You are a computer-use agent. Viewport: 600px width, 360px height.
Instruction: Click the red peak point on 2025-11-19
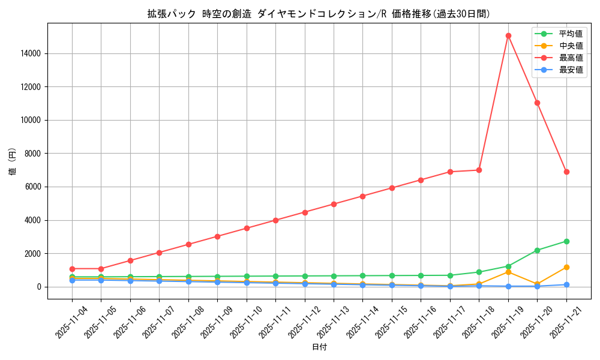point(508,35)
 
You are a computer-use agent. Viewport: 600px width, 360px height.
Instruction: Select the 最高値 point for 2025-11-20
point(537,103)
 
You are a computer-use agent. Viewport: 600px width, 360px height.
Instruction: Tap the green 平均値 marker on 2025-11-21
point(566,241)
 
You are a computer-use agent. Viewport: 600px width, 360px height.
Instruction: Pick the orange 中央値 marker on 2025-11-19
point(508,272)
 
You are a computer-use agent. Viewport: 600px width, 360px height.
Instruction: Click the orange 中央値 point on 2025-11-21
point(566,267)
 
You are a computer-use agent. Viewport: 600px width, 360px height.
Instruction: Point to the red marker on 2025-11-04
point(72,269)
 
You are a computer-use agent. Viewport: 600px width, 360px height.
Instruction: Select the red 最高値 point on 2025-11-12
point(305,212)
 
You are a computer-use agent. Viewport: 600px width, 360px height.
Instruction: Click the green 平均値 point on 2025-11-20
point(537,250)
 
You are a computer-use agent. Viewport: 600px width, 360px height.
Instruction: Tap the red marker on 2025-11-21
point(566,172)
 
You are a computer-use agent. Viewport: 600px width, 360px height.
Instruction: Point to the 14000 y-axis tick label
point(29,53)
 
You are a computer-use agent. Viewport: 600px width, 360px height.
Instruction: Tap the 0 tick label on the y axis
point(39,287)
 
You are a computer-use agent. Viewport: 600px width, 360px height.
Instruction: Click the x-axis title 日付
point(319,347)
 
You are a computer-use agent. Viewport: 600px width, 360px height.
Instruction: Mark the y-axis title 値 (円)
point(13,161)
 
